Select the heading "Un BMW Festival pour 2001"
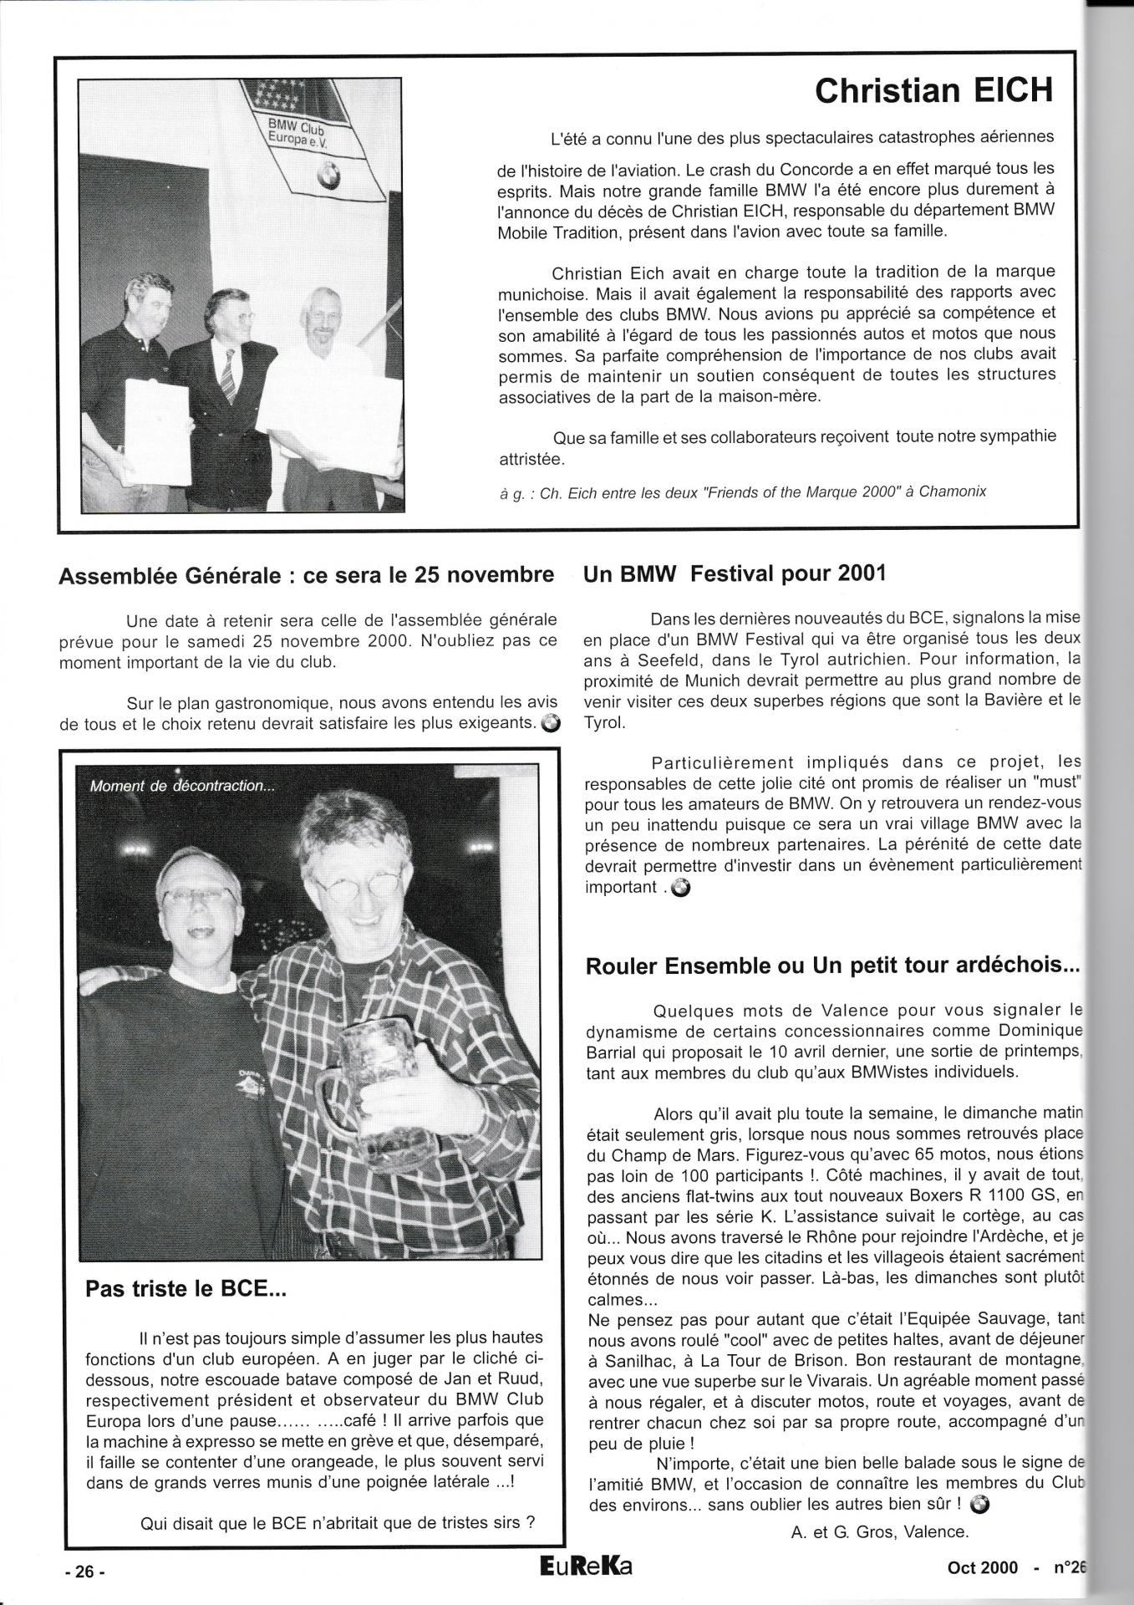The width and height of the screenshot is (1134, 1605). tap(735, 573)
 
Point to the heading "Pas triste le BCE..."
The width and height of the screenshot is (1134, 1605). tap(186, 1288)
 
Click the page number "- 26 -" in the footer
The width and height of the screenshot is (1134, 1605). tap(85, 1571)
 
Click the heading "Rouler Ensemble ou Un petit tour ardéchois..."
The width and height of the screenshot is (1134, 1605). tap(833, 966)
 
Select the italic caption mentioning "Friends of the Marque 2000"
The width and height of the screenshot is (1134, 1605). tap(742, 492)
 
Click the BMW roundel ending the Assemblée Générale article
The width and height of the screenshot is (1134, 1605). tap(551, 723)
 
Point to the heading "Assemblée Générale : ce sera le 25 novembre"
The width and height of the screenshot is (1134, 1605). tap(307, 576)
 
